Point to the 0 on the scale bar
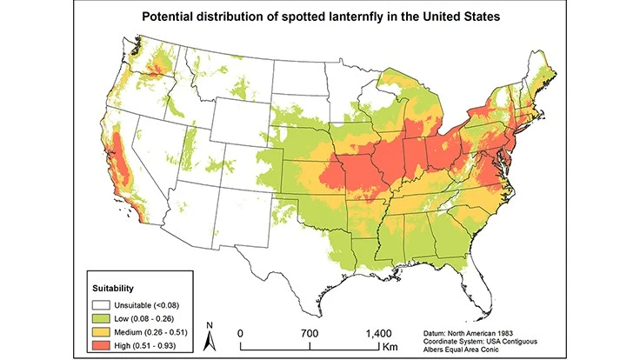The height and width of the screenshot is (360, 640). (x=240, y=333)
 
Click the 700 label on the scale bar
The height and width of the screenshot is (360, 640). (x=309, y=333)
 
